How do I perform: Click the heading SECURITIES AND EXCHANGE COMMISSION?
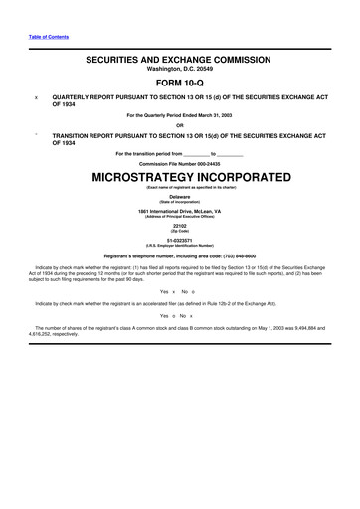click(x=179, y=60)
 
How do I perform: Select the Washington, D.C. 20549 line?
click(x=179, y=70)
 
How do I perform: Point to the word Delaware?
click(x=179, y=196)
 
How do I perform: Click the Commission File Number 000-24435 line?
click(x=179, y=162)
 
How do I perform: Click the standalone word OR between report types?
click(x=179, y=124)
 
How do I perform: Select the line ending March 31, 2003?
click(x=179, y=116)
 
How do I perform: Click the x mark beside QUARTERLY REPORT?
click(x=37, y=98)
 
